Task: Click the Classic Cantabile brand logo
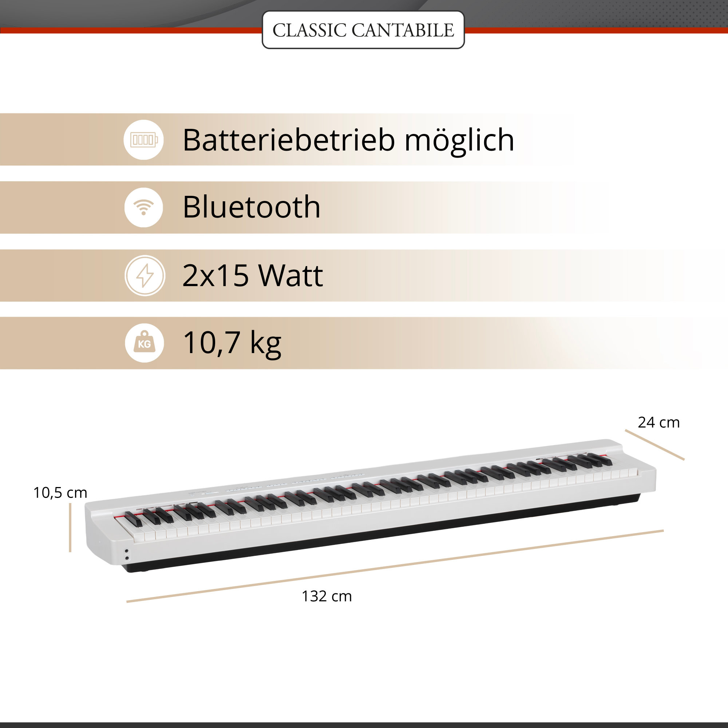pos(363,30)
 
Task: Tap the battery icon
pos(143,140)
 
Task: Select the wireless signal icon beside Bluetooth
pos(143,207)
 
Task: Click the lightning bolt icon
pos(145,276)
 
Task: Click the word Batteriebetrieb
pos(289,140)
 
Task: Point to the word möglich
pos(459,141)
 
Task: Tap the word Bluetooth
pos(251,207)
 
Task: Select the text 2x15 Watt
pos(253,275)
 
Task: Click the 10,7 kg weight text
pos(232,344)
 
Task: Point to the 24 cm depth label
pos(659,422)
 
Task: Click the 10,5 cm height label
pos(60,493)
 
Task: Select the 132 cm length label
pos(327,597)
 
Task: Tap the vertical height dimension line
pos(70,528)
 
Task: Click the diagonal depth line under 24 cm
pos(654,445)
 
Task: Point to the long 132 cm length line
pos(395,566)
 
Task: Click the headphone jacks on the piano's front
pos(127,554)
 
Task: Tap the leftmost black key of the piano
pos(134,519)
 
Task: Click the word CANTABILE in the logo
pos(403,30)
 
